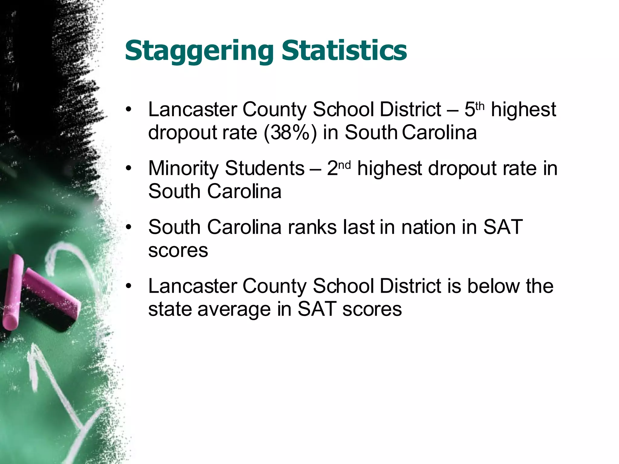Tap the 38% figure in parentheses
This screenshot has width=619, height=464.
pos(290,133)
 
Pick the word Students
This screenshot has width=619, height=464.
pos(264,168)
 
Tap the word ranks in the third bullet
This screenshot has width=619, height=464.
pos(312,227)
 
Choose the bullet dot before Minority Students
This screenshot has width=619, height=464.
pos(129,168)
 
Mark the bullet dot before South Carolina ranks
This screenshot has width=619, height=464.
pos(129,227)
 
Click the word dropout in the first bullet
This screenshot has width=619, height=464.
pos(182,133)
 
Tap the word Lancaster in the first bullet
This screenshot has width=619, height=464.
pos(192,109)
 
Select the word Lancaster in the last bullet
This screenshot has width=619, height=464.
pos(192,286)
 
